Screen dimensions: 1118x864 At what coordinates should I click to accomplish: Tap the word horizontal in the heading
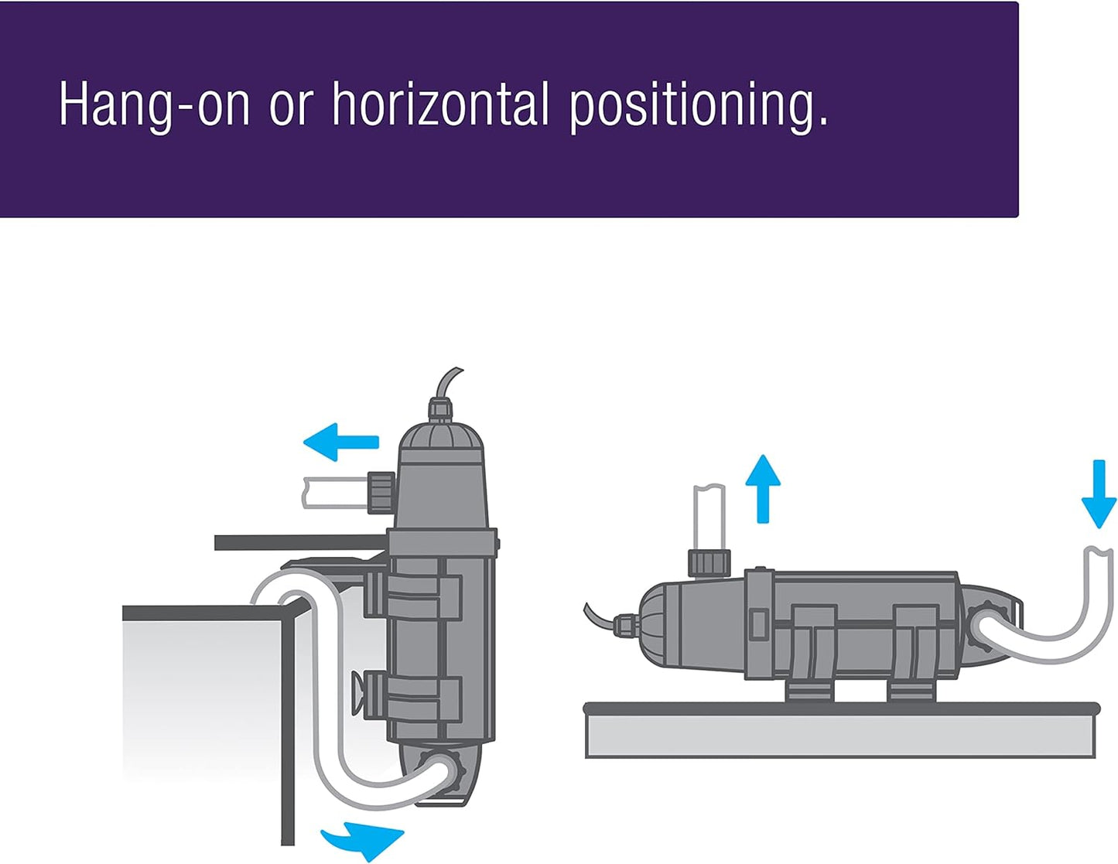(x=440, y=103)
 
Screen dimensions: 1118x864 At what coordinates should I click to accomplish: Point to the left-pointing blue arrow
(x=340, y=442)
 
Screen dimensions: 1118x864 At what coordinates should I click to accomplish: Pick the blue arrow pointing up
(x=763, y=489)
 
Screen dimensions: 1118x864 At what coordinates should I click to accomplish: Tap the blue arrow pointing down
(x=1099, y=493)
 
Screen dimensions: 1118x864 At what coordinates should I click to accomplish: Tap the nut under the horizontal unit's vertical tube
(x=709, y=564)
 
